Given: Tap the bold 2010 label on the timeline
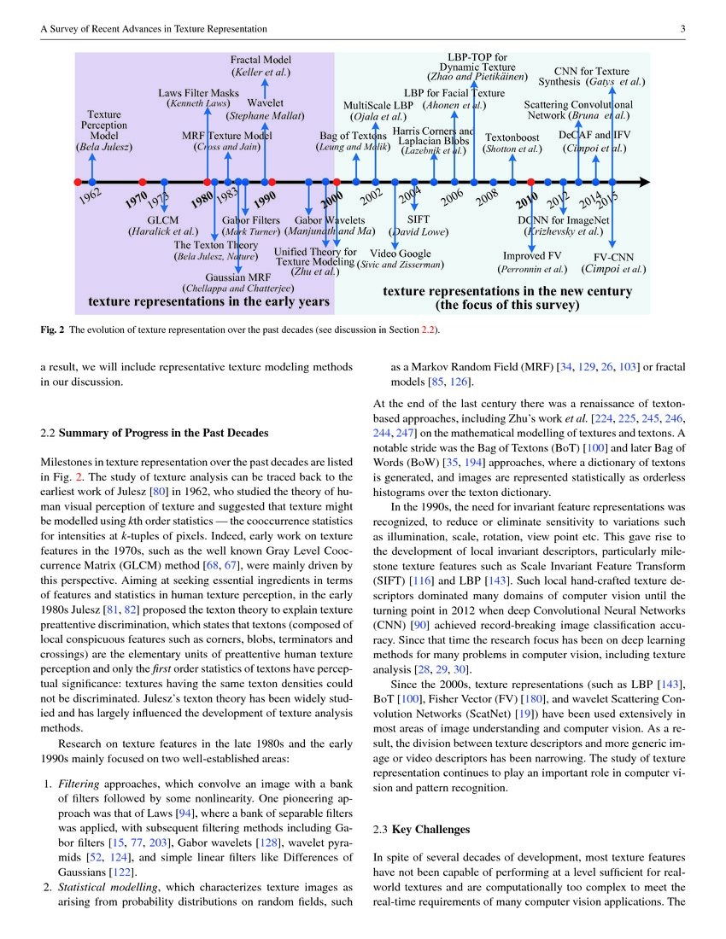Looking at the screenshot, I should tap(526, 203).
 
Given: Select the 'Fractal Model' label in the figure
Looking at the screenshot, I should tap(261, 60).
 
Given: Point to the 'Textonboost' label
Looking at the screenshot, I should tap(512, 137).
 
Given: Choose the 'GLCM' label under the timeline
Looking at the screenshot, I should tap(163, 219).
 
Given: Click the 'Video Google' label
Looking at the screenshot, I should tap(401, 254).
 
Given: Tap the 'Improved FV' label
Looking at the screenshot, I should tap(531, 256).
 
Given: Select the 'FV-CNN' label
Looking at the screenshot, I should tap(613, 256).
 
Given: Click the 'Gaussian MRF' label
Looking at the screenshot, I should tap(237, 277).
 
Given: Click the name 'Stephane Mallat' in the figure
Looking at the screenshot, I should tap(265, 115).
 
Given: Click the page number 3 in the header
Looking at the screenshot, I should tap(683, 29).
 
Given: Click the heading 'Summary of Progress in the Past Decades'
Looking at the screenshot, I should tap(163, 433).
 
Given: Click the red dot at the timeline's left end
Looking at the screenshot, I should tap(78, 182).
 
